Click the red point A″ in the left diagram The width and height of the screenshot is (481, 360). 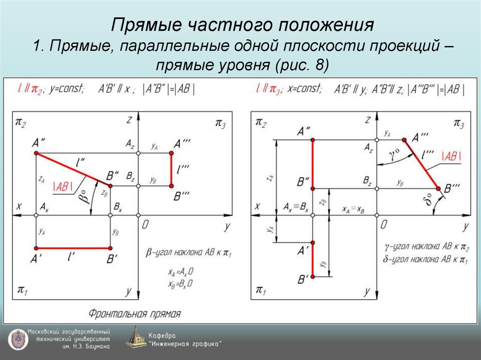[x=36, y=153]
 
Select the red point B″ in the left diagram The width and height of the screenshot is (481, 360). [x=110, y=186]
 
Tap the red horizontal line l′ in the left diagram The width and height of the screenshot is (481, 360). [x=73, y=248]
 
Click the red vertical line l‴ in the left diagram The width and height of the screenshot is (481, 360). [x=171, y=169]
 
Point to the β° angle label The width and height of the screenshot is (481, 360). [x=84, y=197]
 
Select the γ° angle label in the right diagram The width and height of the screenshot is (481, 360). [x=395, y=154]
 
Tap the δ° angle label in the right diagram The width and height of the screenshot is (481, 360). [x=428, y=202]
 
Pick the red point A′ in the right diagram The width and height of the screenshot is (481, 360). [x=313, y=243]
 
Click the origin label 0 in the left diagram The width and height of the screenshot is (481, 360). [x=146, y=225]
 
